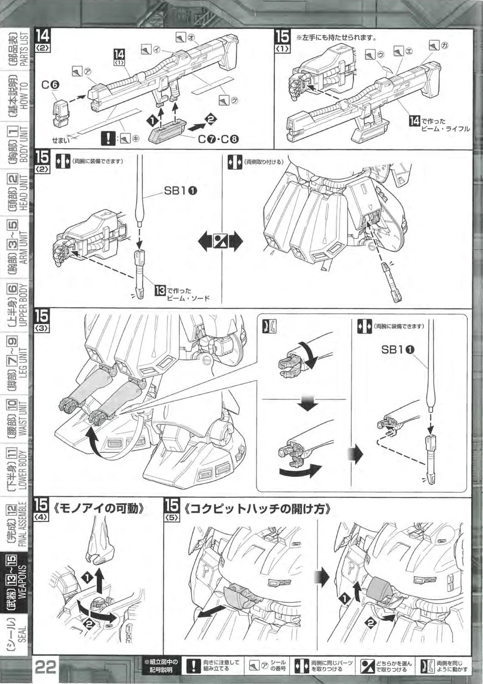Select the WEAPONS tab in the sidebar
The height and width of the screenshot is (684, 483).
(x=17, y=583)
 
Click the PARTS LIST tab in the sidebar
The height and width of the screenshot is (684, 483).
(x=17, y=48)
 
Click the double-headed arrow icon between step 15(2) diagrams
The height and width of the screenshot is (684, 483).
(x=221, y=240)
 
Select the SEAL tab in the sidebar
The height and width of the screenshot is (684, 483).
(x=17, y=634)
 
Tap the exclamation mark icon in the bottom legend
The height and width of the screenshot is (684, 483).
(x=194, y=666)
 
